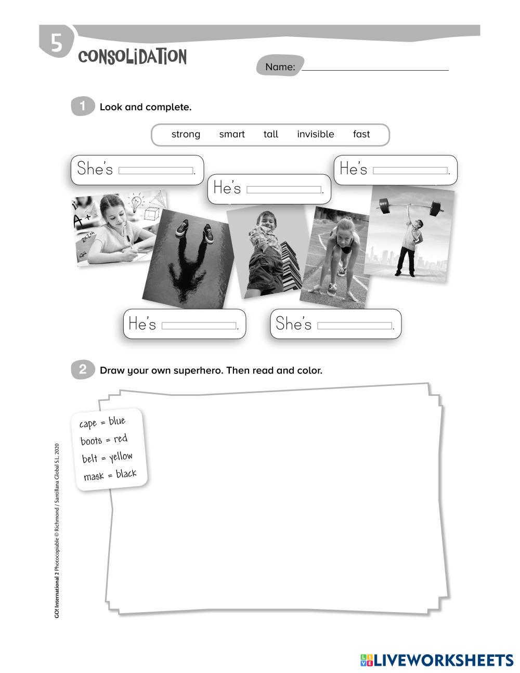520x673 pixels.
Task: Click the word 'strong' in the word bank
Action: click(186, 135)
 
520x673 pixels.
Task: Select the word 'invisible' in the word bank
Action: click(316, 134)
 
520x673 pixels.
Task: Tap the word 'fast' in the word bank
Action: click(361, 134)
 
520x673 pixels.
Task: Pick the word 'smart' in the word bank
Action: click(232, 134)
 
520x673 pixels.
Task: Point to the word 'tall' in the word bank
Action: click(271, 134)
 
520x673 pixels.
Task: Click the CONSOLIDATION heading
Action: click(133, 57)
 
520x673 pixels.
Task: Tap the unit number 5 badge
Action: click(57, 43)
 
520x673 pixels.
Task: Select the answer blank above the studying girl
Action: click(155, 171)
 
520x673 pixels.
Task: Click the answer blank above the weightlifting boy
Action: click(410, 171)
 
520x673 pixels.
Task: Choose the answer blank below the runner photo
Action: click(355, 326)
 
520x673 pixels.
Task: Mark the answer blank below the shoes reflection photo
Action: click(199, 326)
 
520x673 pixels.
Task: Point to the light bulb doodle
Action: click(136, 203)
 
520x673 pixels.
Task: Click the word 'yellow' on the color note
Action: click(121, 457)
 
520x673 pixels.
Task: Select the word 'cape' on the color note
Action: click(88, 424)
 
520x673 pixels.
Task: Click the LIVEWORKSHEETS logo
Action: click(437, 660)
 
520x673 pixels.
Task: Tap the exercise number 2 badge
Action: click(83, 369)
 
